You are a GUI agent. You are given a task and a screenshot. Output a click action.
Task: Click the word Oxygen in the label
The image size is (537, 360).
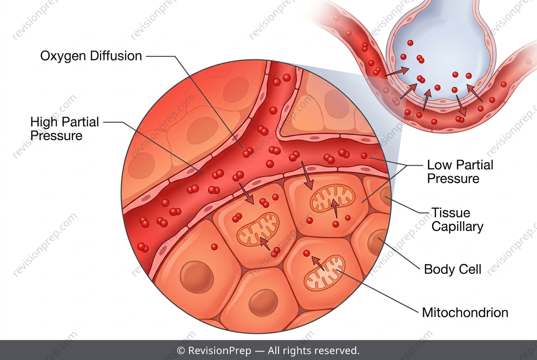pos(63,56)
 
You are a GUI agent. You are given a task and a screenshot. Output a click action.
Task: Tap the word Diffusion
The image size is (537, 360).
pos(116,56)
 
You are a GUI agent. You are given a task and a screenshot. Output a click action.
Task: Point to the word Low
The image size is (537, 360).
pos(439,165)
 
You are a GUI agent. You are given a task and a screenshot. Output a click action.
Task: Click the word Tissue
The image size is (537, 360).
pos(451,213)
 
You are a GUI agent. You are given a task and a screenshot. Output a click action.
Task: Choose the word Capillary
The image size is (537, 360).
pos(458,227)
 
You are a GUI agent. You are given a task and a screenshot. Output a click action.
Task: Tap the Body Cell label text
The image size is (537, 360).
pos(452,269)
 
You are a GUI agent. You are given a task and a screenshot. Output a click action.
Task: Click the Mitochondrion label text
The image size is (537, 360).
pos(465,312)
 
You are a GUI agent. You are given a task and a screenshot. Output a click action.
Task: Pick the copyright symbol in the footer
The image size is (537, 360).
pos(181,351)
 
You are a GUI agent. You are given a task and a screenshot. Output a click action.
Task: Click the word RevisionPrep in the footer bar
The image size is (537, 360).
pos(220,351)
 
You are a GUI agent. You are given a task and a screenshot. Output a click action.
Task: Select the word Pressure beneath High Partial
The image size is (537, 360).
pos(57,136)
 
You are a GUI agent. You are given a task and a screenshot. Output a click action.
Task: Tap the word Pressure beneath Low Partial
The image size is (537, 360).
pos(453,179)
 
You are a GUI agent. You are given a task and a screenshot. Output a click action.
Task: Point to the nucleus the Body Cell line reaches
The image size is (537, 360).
pos(378,242)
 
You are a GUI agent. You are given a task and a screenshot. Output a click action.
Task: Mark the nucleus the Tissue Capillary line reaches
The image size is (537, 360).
pos(385,197)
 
